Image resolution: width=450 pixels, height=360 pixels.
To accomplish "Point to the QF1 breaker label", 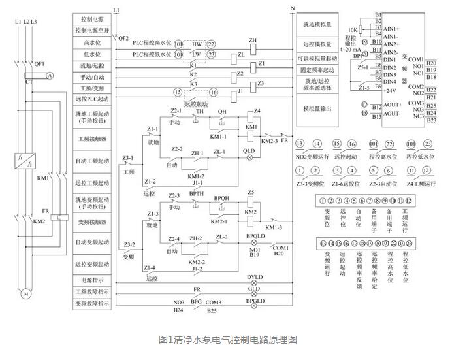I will [x=39, y=64].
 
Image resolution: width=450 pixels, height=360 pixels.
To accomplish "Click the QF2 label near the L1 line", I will [x=123, y=39].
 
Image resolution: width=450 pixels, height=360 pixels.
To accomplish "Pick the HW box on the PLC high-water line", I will [x=197, y=43].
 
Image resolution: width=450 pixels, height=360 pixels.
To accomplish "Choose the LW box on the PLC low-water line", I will [x=197, y=55].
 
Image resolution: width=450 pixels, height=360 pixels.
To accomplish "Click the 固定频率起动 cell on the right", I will [x=318, y=69].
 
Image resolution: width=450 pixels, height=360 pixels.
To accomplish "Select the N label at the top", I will [x=292, y=8].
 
